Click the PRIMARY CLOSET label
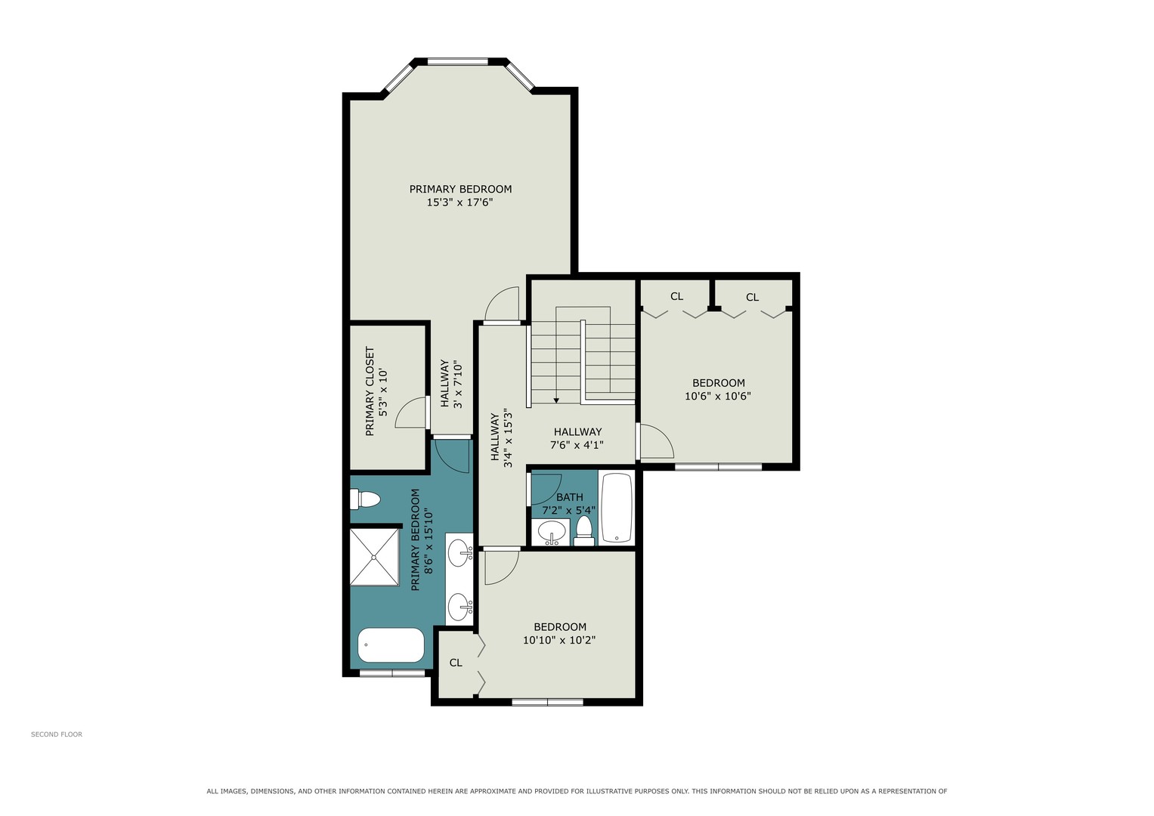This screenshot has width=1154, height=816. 370,391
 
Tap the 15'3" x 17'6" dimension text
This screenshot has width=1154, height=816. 459,202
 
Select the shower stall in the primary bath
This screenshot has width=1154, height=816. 375,557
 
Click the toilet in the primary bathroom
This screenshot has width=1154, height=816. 365,499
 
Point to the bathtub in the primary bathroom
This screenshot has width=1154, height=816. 391,645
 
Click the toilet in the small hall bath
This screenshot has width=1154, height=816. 584,531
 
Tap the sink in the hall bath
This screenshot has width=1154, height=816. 551,530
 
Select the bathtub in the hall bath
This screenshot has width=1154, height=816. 617,508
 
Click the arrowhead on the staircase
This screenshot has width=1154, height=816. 556,400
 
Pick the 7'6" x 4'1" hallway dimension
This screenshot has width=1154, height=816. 577,444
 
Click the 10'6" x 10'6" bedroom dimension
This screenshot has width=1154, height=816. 718,396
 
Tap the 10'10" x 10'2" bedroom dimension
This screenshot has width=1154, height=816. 559,640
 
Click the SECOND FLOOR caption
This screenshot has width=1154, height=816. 57,734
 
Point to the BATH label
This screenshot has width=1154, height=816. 570,497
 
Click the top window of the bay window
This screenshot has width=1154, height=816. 457,62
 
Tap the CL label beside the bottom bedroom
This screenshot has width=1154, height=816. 456,663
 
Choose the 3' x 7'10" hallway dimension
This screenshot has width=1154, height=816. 457,385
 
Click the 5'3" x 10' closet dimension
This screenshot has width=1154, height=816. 383,393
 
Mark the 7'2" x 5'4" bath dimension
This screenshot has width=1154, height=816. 569,510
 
